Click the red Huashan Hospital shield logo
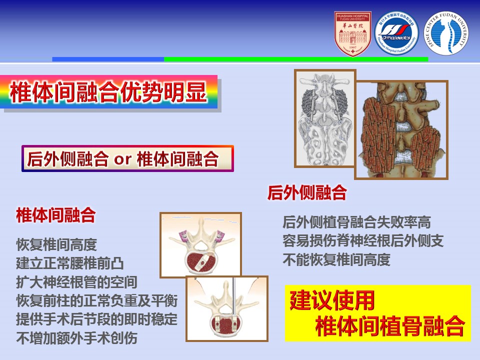(353, 33)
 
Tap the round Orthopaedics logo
(396, 33)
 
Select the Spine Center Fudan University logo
(446, 33)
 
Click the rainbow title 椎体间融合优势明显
(108, 91)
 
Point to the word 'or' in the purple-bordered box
(122, 159)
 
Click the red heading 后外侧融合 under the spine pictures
(307, 192)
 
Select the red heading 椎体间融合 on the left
(56, 215)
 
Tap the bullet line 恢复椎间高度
(56, 245)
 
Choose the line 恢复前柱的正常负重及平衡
(97, 300)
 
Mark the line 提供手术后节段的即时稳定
(97, 319)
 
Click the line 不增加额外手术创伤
(76, 338)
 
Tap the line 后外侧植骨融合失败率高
(356, 222)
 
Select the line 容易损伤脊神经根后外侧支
(363, 241)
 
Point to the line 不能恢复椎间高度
(336, 260)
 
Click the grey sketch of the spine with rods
(324, 118)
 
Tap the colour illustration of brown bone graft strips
(401, 129)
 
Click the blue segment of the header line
(108, 59)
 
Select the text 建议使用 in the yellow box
(332, 300)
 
